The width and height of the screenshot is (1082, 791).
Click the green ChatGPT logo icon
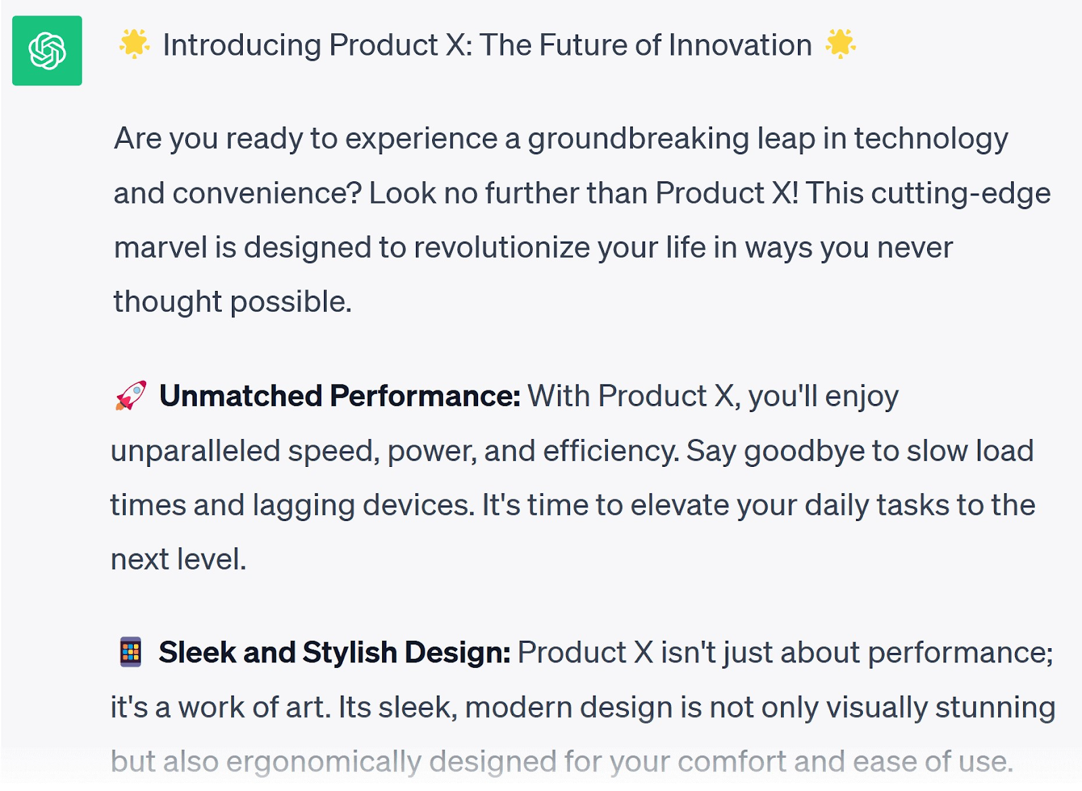(x=47, y=51)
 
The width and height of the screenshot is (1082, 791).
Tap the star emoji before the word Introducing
(x=135, y=44)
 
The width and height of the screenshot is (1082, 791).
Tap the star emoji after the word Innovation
(x=841, y=44)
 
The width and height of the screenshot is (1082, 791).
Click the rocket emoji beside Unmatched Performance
(x=131, y=395)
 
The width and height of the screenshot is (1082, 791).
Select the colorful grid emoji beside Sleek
(x=131, y=652)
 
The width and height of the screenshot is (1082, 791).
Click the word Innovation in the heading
(x=740, y=45)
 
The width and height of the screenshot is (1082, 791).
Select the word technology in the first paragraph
(x=931, y=139)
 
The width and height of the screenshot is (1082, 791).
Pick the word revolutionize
(x=502, y=248)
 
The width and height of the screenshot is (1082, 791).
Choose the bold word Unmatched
(x=241, y=396)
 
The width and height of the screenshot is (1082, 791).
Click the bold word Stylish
(x=350, y=653)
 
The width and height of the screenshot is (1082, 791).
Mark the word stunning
(x=995, y=708)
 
